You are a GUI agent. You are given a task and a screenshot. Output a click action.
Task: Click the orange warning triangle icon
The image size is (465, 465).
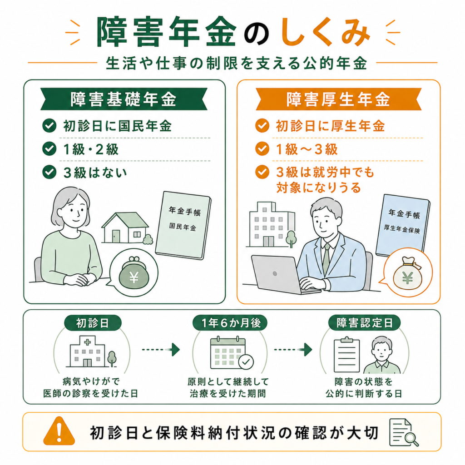coord(59,431)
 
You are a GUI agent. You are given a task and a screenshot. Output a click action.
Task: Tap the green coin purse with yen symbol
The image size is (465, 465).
coord(134,274)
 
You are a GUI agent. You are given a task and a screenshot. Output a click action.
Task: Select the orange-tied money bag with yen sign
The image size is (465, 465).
coord(408,273)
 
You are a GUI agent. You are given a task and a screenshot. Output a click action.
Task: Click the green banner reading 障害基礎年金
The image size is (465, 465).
coord(124,99)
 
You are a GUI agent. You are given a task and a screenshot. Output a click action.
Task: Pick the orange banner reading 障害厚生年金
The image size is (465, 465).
coord(338,99)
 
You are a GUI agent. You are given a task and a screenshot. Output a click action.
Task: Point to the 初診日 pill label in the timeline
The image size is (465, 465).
coord(93,323)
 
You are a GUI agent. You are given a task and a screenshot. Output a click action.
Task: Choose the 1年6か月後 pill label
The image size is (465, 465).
coord(230,323)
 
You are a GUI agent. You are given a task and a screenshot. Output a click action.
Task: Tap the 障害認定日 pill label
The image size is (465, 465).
coord(365,323)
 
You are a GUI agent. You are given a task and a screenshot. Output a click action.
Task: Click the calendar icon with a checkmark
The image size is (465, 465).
coord(232,352)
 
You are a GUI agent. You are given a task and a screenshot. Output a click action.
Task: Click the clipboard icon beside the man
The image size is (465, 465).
coord(346,355)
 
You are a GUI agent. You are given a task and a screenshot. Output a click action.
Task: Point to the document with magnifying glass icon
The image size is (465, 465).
coord(404,432)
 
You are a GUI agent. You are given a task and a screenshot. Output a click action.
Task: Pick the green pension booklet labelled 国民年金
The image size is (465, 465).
coord(183,225)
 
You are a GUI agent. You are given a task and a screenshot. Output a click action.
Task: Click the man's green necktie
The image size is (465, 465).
coord(326,258)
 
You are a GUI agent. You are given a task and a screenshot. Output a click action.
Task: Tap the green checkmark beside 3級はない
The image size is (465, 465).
coord(49,172)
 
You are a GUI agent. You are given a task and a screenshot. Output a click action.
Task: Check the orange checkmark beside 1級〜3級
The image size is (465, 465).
coord(262,148)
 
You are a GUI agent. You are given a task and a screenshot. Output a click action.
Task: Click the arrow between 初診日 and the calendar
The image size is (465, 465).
coord(161,350)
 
